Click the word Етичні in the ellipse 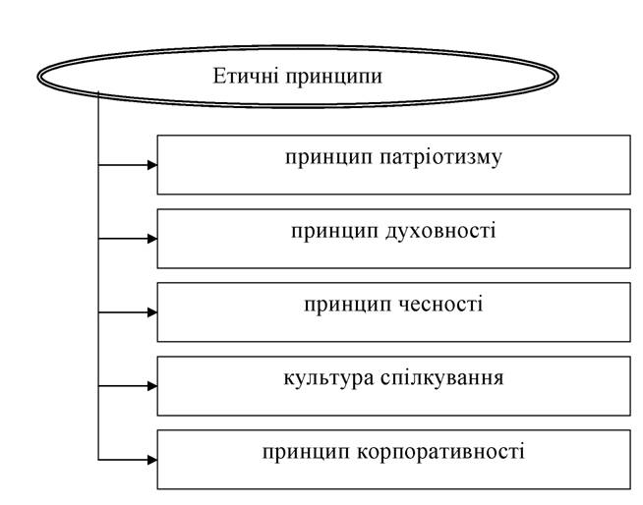click(246, 76)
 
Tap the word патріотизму click(440, 158)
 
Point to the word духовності click(440, 232)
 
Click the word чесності click(440, 305)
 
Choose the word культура click(328, 379)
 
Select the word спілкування click(442, 379)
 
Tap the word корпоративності click(440, 453)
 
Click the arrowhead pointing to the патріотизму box click(152, 165)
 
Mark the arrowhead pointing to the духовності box click(152, 239)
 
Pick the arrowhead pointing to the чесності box click(152, 312)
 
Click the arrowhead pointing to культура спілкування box click(152, 386)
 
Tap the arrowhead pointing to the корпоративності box click(152, 460)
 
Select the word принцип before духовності click(334, 233)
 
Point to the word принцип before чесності click(348, 306)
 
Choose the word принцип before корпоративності click(307, 453)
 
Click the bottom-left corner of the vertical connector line click(98, 460)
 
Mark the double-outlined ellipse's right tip click(558, 77)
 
